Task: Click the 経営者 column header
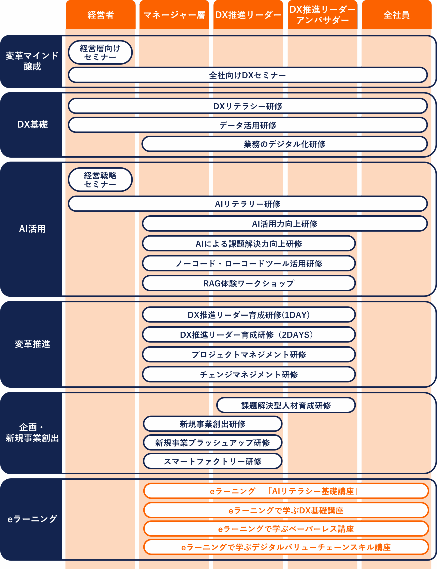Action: coord(100,15)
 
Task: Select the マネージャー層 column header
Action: coord(174,15)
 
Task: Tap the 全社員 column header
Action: coord(396,15)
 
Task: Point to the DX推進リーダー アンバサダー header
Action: coord(322,15)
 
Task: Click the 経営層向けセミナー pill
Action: coord(100,52)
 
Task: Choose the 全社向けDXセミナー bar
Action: coord(247,75)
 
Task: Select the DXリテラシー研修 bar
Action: coord(247,106)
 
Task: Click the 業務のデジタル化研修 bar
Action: coord(285,144)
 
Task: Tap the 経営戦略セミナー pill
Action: coord(100,180)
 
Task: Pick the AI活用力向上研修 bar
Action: coord(285,224)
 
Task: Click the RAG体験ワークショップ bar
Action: coord(249,283)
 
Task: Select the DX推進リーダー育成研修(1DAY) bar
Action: coord(249,315)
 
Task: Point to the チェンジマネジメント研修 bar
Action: coord(249,374)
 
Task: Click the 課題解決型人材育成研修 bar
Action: coord(286,405)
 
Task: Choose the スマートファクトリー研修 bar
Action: coord(212,461)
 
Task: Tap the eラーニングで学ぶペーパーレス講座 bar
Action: coord(286,529)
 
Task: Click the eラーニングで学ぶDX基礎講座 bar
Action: coord(286,510)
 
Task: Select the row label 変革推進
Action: coord(32,344)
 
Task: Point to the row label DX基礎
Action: coord(32,124)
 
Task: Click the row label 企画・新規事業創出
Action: coord(32,433)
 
